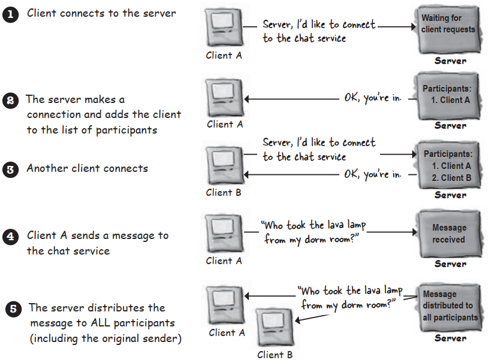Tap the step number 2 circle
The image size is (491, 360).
click(10, 100)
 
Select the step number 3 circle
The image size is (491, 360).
click(10, 169)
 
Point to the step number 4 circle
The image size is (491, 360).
click(10, 237)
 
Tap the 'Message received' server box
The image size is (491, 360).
click(448, 233)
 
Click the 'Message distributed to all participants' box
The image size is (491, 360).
click(448, 306)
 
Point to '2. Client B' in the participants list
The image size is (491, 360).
click(451, 178)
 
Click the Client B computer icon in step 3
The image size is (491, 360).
click(224, 165)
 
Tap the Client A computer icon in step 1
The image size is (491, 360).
click(224, 28)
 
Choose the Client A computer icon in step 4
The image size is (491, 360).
click(224, 234)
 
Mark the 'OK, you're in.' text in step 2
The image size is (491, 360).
click(372, 98)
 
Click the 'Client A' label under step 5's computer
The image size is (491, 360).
click(227, 333)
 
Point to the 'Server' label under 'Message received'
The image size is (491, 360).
click(450, 264)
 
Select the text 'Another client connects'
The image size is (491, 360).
click(87, 168)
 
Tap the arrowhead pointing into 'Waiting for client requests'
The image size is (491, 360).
click(414, 27)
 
